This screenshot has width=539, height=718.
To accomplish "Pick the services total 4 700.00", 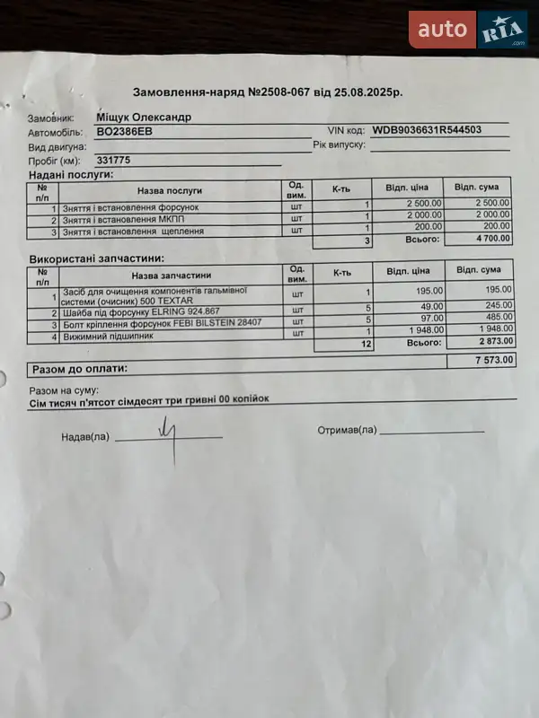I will coord(488,241).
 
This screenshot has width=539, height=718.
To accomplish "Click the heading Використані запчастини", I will coord(84,258).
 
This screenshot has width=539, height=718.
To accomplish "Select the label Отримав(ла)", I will coord(347,431).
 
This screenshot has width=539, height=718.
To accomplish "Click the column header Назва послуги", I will coord(169,190).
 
